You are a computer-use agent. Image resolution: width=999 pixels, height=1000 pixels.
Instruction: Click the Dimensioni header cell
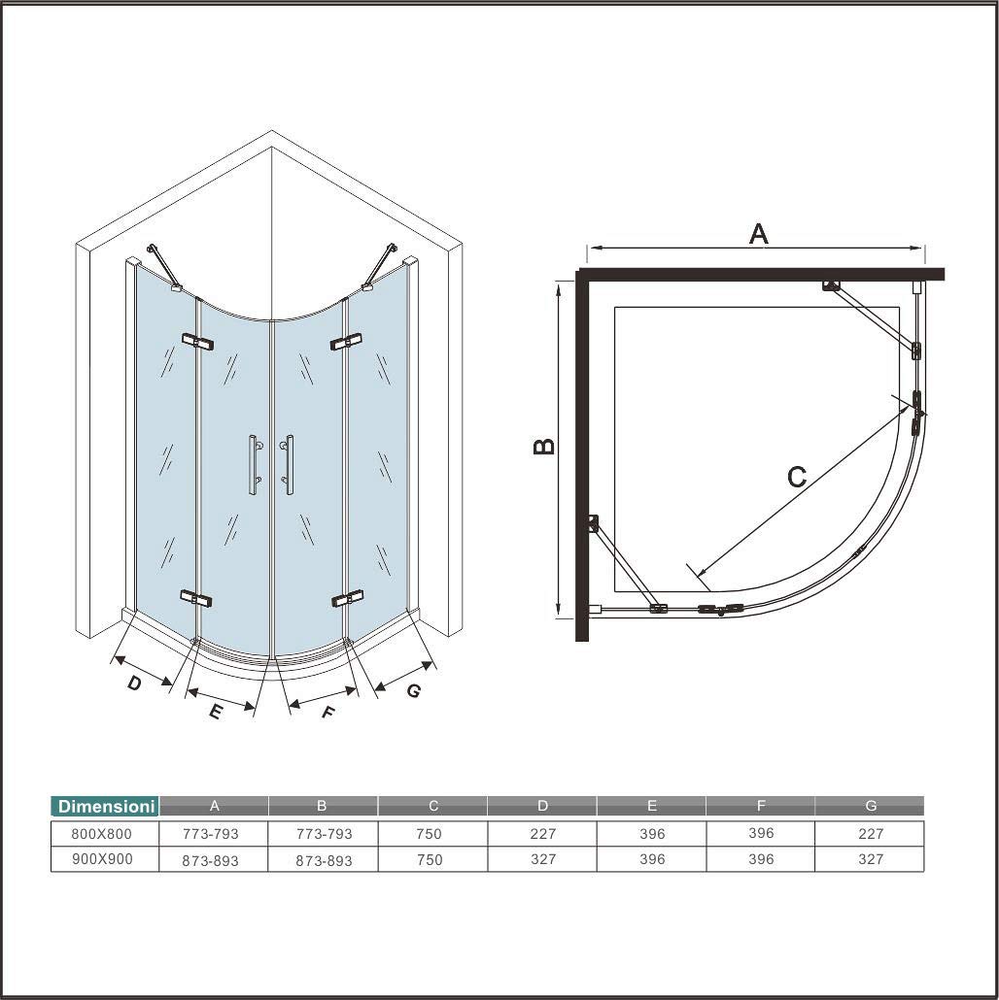tap(105, 806)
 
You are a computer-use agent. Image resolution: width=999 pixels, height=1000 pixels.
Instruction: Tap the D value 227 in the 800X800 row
tap(542, 833)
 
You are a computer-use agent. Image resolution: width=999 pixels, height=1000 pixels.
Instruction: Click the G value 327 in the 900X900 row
tap(871, 859)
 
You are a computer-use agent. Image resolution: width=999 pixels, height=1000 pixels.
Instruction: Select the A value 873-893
tap(211, 860)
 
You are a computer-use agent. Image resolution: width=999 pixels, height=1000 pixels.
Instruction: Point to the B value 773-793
tap(324, 833)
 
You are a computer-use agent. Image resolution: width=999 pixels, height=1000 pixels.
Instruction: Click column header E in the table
tap(652, 805)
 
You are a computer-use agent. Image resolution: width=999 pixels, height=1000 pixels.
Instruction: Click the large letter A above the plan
tap(758, 234)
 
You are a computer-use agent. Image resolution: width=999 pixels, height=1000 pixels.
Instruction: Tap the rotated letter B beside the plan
tap(545, 446)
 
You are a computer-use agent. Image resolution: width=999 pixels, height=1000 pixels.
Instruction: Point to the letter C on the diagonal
tap(797, 477)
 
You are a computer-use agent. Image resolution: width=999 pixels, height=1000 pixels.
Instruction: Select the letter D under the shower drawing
tap(134, 683)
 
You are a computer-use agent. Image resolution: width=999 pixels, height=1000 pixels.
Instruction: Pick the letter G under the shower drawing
tap(413, 691)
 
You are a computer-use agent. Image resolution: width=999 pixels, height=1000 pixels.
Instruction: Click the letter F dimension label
tap(327, 713)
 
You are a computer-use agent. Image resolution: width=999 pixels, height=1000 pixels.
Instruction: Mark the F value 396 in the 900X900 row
tap(761, 859)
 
